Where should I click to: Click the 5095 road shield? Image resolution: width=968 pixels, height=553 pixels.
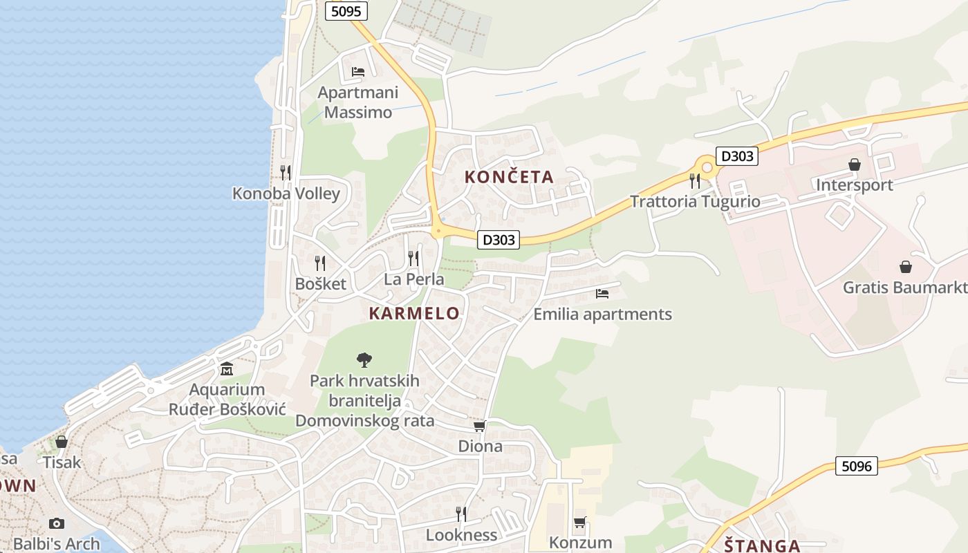[346, 10]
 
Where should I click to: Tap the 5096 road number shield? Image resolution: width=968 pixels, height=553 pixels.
[856, 466]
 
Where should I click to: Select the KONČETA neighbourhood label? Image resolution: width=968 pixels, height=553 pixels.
[509, 177]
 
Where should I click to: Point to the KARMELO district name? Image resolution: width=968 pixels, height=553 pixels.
[414, 313]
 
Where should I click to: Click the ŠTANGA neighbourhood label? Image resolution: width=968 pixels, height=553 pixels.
[762, 545]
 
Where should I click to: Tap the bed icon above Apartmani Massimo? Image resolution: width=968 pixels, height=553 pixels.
[357, 71]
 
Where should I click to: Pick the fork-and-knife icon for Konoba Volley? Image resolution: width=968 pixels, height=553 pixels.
[286, 172]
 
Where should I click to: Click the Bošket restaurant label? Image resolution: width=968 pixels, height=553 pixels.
[320, 283]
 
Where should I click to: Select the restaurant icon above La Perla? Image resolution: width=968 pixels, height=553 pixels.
[413, 259]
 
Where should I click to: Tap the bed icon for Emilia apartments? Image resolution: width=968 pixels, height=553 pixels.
[602, 294]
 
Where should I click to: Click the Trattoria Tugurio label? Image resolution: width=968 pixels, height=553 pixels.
[695, 202]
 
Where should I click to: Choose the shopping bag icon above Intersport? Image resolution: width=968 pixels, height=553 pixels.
[855, 165]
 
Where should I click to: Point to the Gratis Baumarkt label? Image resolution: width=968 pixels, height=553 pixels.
[904, 287]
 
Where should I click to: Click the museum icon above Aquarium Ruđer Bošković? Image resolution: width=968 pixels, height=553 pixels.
[227, 369]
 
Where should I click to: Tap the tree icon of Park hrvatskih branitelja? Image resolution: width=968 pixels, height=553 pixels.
[364, 359]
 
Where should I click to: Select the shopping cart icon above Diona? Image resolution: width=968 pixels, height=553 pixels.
[480, 426]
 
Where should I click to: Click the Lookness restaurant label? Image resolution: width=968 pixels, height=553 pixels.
[461, 535]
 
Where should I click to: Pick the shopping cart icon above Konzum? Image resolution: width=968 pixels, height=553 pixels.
[579, 523]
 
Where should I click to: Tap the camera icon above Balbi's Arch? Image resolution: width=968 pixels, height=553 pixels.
[57, 523]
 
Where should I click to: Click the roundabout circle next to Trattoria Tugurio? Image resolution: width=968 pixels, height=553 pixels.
[707, 167]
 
